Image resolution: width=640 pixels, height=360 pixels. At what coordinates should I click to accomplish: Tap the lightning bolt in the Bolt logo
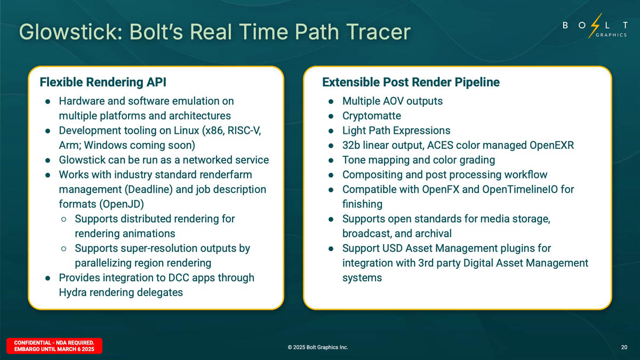coord(595,26)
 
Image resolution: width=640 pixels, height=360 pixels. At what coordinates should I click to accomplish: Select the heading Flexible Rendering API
coord(103,82)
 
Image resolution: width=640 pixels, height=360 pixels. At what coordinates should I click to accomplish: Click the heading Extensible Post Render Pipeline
coord(411,82)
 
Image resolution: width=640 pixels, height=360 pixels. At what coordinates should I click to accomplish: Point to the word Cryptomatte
coord(371,116)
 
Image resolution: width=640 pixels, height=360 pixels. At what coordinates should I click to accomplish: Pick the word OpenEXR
coord(551,145)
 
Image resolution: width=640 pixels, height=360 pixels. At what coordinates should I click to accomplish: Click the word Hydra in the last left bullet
coord(73,292)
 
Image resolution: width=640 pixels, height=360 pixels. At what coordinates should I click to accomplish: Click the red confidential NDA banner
coord(54,346)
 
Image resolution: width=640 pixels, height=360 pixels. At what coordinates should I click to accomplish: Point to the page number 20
coord(625,347)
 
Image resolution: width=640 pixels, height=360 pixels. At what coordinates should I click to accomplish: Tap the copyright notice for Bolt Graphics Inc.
coord(318,347)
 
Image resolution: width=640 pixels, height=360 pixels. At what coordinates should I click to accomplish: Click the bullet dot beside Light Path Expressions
coord(331,131)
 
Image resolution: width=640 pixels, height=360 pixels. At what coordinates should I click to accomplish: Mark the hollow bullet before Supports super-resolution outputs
coord(63,249)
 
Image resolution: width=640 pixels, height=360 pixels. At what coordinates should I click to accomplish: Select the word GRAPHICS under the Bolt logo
coord(611,35)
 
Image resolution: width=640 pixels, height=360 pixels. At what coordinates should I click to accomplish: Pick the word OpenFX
coord(441,189)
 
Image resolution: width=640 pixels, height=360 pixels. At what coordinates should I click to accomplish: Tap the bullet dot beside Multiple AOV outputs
coord(331,101)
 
